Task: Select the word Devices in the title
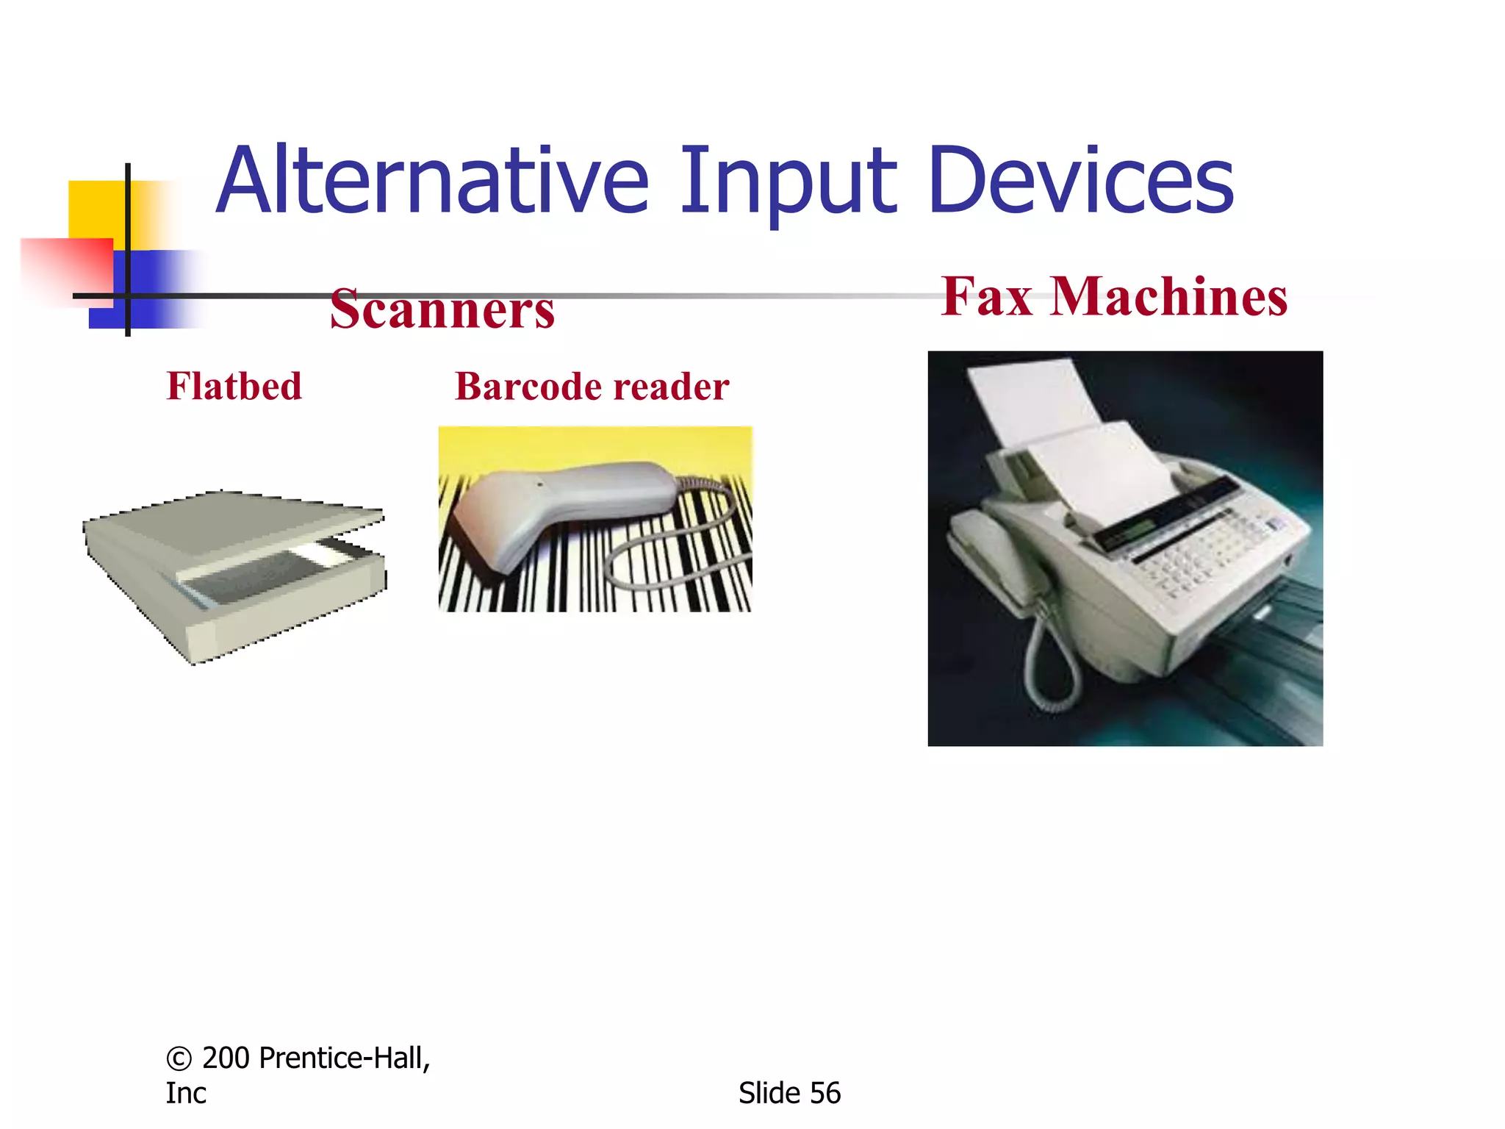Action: (1080, 181)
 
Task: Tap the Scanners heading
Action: (442, 309)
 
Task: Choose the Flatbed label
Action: (234, 386)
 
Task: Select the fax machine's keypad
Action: (1205, 551)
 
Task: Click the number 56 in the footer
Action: (825, 1093)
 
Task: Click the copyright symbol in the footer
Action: (179, 1058)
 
